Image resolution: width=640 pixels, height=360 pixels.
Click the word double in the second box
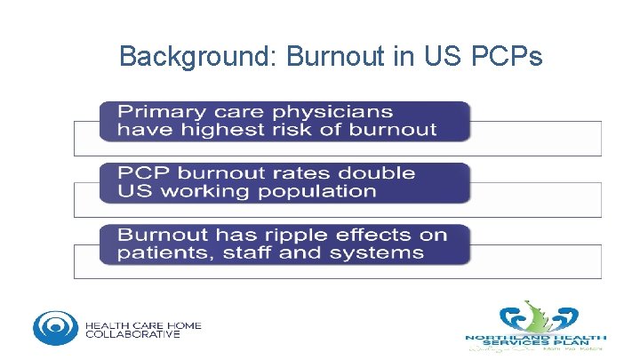pyautogui.click(x=378, y=172)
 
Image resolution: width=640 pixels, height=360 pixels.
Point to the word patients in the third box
pyautogui.click(x=162, y=252)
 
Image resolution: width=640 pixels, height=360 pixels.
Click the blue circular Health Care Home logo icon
pyautogui.click(x=55, y=327)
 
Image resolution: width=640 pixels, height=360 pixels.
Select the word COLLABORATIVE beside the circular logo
pyautogui.click(x=132, y=334)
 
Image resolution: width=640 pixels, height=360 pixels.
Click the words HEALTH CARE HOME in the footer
pyautogui.click(x=143, y=324)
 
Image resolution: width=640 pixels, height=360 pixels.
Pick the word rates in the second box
pyautogui.click(x=295, y=172)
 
